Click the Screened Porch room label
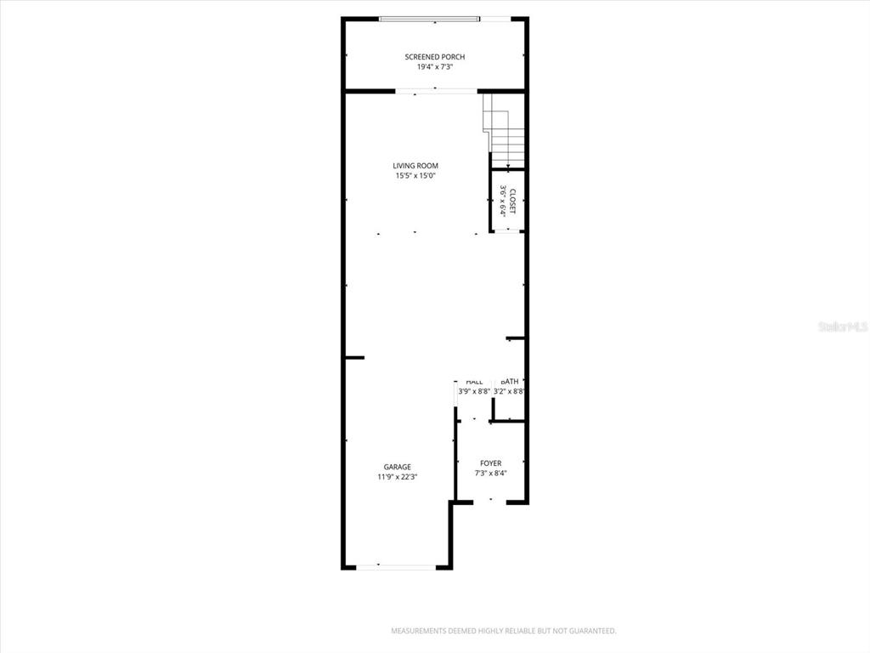[434, 57]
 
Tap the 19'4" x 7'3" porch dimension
[434, 67]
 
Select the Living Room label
[415, 166]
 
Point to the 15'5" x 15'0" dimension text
[415, 176]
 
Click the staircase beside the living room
[505, 132]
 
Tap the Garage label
[397, 467]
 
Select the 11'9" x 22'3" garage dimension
[397, 477]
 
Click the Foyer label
[490, 463]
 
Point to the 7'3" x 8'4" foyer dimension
[490, 474]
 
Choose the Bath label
[510, 382]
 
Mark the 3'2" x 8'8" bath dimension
[510, 392]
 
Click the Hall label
[474, 382]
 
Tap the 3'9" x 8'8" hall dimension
[474, 392]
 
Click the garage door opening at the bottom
[396, 566]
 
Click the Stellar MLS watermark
[843, 326]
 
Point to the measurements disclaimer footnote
[503, 631]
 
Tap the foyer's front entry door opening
[490, 502]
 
